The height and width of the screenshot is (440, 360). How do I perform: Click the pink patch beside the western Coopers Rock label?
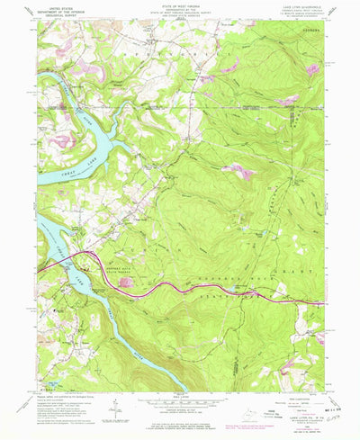[x=132, y=282]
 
